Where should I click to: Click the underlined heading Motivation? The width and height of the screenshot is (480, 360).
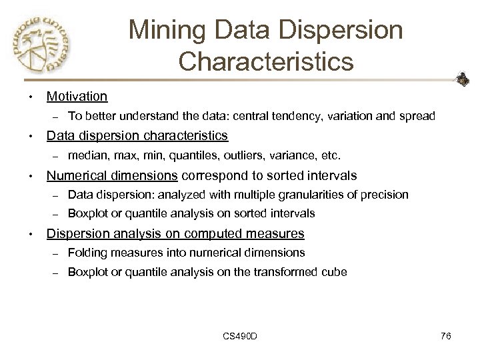pyautogui.click(x=77, y=97)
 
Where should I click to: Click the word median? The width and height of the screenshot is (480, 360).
pyautogui.click(x=85, y=156)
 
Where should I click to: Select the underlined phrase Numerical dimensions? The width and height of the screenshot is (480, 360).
pyautogui.click(x=111, y=175)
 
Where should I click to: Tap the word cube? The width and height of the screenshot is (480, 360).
pyautogui.click(x=335, y=272)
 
